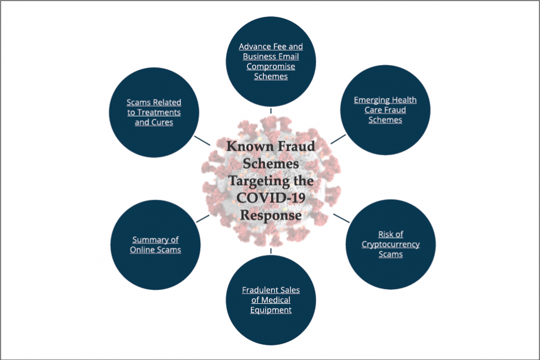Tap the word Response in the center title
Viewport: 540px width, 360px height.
pyautogui.click(x=271, y=215)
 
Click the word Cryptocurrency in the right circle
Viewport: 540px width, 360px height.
pyautogui.click(x=390, y=244)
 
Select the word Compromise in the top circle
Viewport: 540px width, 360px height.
pyautogui.click(x=271, y=66)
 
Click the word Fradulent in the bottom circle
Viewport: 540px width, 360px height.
pyautogui.click(x=256, y=290)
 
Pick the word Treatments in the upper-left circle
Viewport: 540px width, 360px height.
pyautogui.click(x=160, y=112)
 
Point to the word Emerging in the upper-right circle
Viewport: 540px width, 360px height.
pyautogui.click(x=370, y=100)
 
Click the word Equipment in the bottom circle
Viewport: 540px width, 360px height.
pyautogui.click(x=271, y=310)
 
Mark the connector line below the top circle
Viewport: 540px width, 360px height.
pyautogui.click(x=271, y=111)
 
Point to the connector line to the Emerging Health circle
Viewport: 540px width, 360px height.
pyautogui.click(x=338, y=138)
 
